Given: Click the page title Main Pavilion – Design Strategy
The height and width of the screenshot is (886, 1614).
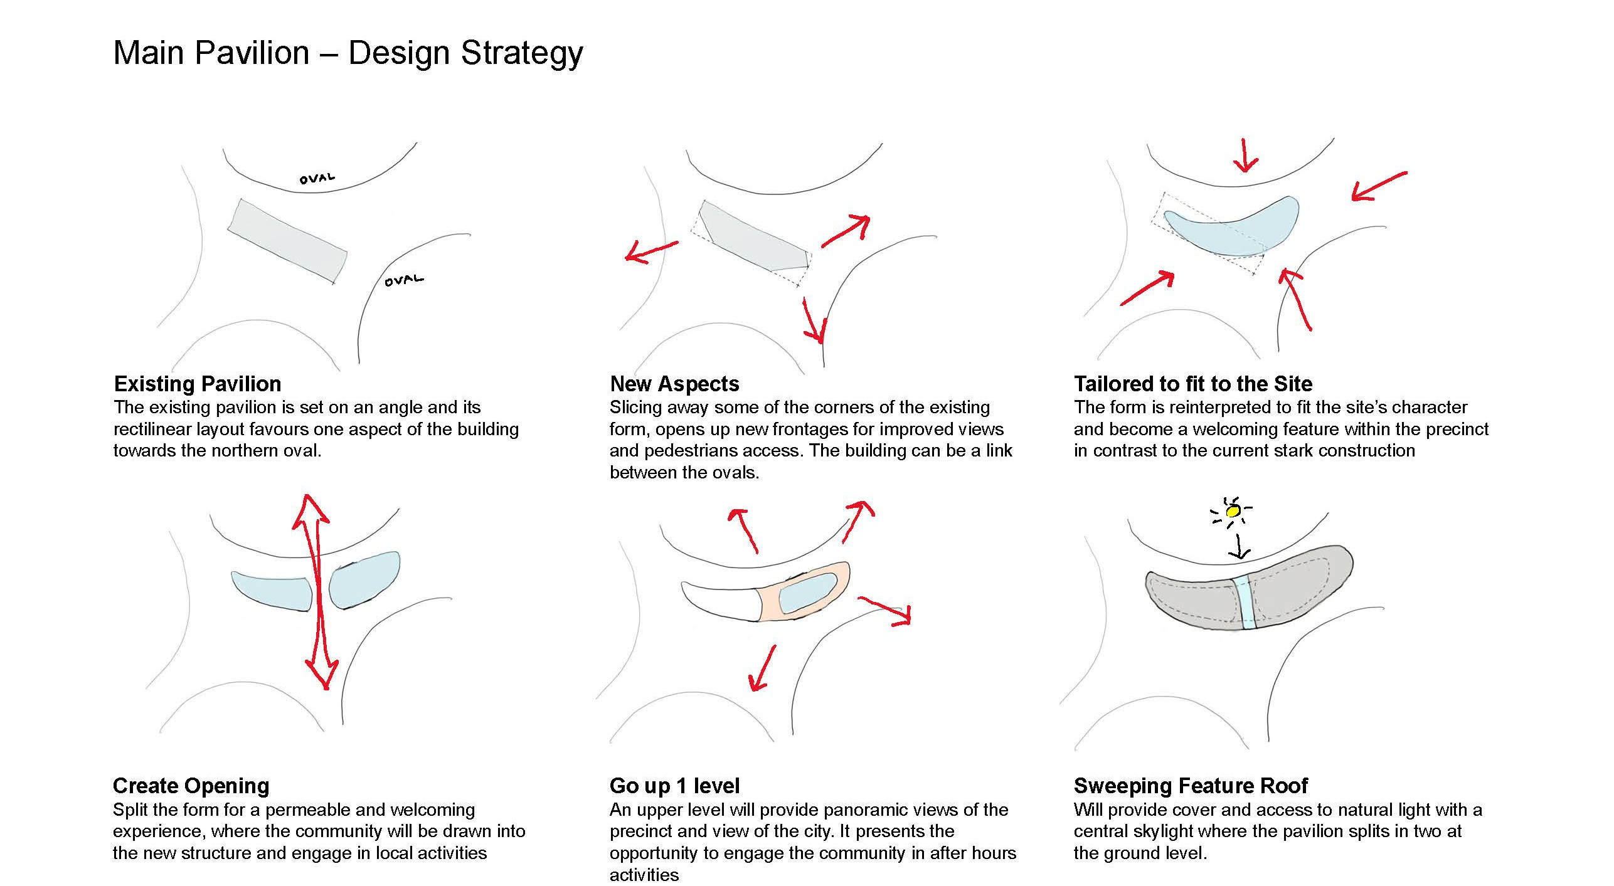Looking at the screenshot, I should point(348,53).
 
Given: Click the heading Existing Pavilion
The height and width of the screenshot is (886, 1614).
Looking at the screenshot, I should point(198,383).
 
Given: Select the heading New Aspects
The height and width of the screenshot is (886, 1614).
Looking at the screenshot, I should point(674,383).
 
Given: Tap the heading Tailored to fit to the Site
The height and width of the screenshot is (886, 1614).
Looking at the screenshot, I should point(1193,383).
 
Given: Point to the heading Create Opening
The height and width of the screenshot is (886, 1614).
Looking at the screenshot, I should point(191,785).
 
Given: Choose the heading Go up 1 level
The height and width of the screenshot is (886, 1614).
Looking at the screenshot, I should point(674,785).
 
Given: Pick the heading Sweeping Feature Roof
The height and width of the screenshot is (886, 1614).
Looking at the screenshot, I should point(1191,785).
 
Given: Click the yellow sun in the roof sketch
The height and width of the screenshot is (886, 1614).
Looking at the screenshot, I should point(1233,512).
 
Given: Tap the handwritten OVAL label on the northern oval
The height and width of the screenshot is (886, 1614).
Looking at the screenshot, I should point(317,179).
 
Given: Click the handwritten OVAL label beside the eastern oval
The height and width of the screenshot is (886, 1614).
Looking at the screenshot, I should point(404,280).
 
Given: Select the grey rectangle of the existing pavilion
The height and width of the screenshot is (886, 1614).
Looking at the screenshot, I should point(287,241).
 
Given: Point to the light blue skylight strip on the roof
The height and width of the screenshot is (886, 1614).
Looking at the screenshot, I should point(1246,603).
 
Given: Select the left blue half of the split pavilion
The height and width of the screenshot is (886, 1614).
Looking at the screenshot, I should point(273,589).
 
